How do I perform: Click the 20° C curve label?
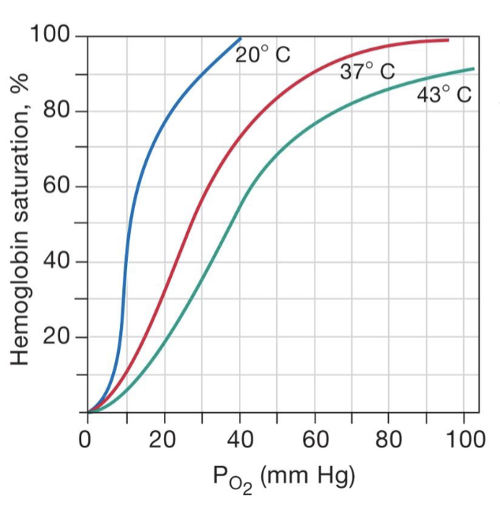[263, 55]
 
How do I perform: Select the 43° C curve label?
[444, 96]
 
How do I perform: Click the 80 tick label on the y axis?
[57, 111]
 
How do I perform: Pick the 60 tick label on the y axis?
[57, 186]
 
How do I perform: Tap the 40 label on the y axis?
[57, 261]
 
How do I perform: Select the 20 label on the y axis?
[57, 337]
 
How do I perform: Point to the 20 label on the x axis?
[163, 439]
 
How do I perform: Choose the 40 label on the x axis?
[240, 439]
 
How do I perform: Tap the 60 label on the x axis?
[315, 439]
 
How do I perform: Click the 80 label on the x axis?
[390, 439]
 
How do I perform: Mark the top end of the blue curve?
[241, 38]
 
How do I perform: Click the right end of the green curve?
[474, 69]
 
